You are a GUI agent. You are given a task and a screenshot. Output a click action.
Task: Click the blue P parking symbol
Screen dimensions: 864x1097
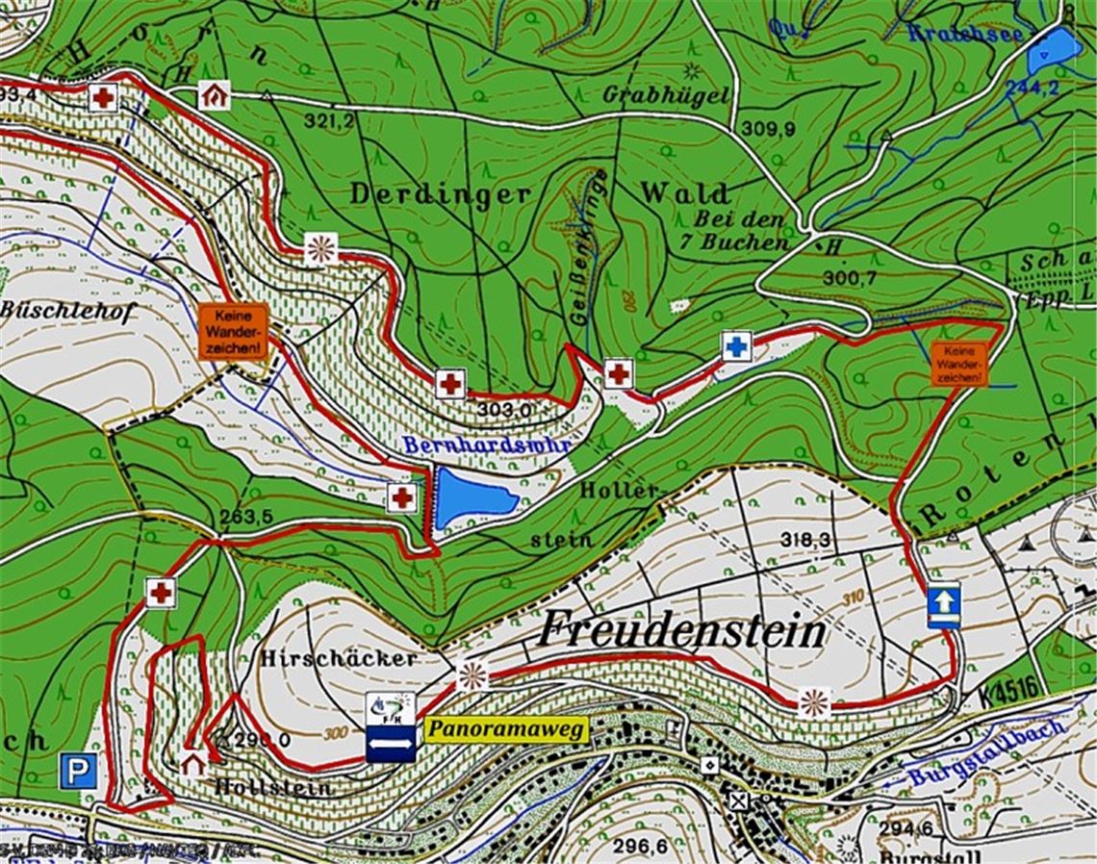77,771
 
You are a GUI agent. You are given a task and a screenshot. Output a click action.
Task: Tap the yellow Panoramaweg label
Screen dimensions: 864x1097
505,730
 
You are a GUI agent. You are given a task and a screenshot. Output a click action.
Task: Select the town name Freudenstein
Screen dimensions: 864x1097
681,632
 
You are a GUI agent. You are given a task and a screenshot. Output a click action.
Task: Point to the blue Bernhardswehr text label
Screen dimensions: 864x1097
487,445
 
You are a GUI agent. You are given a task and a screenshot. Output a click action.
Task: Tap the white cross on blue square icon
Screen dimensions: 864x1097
736,346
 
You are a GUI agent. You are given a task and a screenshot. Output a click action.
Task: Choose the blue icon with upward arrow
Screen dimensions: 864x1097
944,603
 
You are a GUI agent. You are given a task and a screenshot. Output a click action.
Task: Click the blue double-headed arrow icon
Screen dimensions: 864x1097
391,744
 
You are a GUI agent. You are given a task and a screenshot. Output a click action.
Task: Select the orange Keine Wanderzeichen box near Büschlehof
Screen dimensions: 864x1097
231,332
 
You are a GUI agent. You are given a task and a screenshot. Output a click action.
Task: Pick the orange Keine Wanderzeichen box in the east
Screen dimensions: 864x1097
958,364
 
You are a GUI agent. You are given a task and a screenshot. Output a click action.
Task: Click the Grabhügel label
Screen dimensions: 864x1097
666,95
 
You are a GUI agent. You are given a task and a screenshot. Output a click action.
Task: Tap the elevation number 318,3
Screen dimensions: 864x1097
805,540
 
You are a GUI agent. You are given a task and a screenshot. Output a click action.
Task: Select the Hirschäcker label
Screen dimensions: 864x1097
339,659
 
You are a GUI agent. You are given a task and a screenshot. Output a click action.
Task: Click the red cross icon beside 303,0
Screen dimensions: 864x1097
449,383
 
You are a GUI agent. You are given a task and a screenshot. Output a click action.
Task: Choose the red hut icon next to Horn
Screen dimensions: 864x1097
215,95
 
